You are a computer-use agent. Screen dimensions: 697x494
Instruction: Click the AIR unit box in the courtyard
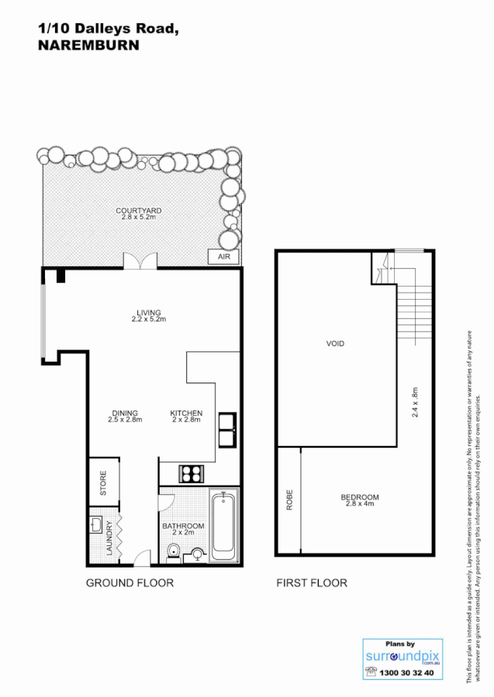pos(223,256)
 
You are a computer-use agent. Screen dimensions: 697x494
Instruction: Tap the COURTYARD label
pos(139,211)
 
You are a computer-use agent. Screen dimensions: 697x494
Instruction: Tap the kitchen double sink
pos(227,431)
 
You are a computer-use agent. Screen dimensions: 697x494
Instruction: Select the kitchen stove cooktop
pos(192,472)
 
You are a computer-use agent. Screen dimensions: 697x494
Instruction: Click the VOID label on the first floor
pos(335,343)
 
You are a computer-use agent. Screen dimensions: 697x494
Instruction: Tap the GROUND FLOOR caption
pos(130,583)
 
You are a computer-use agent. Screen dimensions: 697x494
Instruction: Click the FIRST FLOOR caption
pos(312,583)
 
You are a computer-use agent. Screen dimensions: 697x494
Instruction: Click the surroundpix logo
pos(400,657)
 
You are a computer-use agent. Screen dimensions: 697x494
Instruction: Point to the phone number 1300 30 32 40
pos(406,673)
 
